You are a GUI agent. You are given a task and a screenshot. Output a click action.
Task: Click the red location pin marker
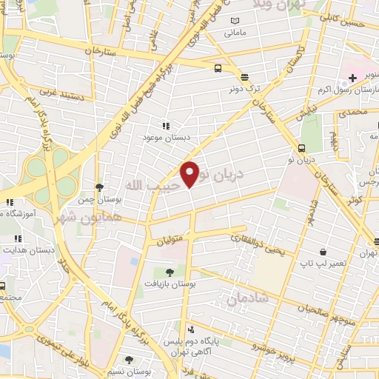tap(190, 174)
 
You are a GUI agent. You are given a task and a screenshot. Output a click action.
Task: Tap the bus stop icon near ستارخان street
tap(218, 69)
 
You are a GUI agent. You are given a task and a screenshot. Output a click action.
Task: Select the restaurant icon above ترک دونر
tap(244, 77)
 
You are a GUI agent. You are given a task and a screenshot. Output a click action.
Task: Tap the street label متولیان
tap(170, 241)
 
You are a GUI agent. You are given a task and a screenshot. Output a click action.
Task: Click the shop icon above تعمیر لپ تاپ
tap(322, 252)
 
